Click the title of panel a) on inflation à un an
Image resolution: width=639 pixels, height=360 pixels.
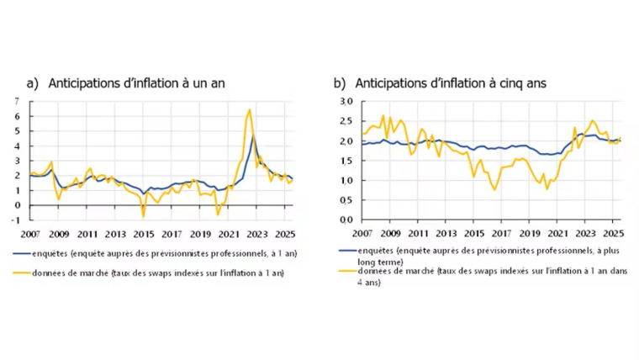(x=126, y=82)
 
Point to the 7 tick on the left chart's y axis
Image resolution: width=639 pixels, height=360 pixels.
(x=18, y=102)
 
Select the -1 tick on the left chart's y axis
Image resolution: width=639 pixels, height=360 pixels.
(x=18, y=220)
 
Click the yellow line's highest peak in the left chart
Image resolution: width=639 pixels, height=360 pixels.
(x=250, y=109)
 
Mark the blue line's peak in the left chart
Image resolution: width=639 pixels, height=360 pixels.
(x=253, y=137)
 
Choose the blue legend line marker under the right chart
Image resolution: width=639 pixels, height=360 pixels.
(x=348, y=251)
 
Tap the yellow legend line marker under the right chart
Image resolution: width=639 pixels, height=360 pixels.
(x=348, y=271)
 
